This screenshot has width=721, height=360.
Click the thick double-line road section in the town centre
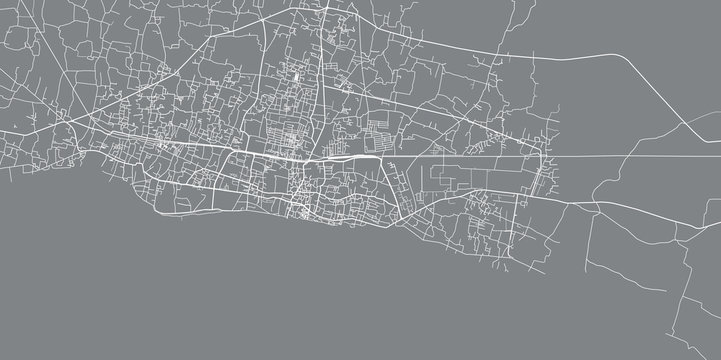point(345,157)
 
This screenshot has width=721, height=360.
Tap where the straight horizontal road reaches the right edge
point(720,157)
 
